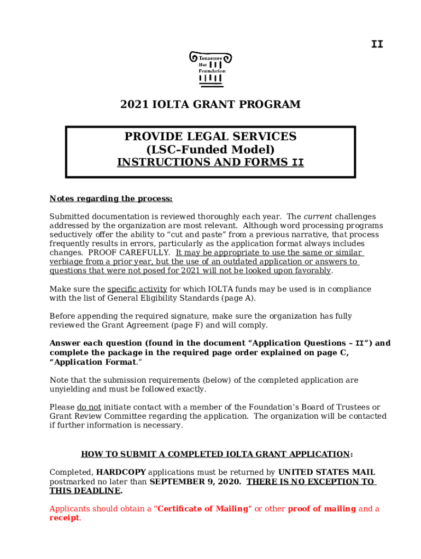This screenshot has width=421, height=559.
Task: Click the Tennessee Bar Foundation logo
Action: coord(210,69)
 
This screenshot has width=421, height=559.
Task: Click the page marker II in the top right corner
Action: coord(377,44)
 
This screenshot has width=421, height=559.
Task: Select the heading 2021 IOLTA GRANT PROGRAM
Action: coord(210,104)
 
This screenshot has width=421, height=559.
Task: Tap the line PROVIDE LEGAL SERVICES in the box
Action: coord(210,136)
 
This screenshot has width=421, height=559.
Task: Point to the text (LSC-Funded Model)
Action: coord(210,149)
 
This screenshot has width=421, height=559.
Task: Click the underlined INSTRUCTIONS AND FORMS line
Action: coord(210,162)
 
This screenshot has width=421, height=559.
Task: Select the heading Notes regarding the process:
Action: coord(111,199)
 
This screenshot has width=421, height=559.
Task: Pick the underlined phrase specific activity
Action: coord(137,289)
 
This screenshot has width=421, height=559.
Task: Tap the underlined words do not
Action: coord(89,407)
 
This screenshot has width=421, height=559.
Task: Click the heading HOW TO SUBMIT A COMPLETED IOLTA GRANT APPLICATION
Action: coord(215,454)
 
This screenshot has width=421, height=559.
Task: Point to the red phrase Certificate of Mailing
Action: coord(203,509)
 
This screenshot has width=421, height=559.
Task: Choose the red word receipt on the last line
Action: coord(65,518)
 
